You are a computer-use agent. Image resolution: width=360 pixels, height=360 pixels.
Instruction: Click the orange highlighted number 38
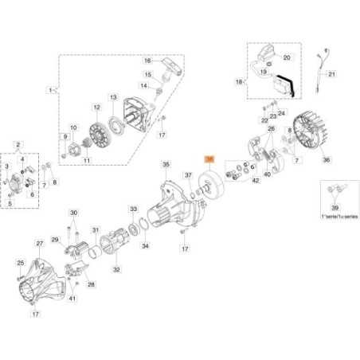point(209,159)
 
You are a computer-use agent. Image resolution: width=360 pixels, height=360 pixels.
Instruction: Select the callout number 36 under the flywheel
point(325,160)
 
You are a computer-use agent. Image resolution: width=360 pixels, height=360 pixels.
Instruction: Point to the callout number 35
point(166,165)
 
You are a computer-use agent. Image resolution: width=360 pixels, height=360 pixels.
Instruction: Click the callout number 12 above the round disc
point(96,108)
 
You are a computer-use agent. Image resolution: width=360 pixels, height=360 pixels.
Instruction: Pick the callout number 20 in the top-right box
point(287,57)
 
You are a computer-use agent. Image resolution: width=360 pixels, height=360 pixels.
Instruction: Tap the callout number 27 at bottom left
point(39,243)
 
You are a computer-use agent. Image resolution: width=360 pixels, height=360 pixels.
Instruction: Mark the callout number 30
point(73,213)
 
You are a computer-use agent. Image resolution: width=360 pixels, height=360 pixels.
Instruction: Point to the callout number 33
point(133,209)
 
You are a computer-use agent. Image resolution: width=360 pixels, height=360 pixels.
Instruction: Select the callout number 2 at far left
point(20,144)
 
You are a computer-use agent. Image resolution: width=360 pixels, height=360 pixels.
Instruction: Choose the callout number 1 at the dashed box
point(52,92)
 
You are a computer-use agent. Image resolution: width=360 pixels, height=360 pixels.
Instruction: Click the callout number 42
point(255,181)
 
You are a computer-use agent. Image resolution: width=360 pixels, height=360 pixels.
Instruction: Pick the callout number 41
point(72,298)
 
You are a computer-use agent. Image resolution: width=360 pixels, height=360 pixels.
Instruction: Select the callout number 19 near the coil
point(264,71)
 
